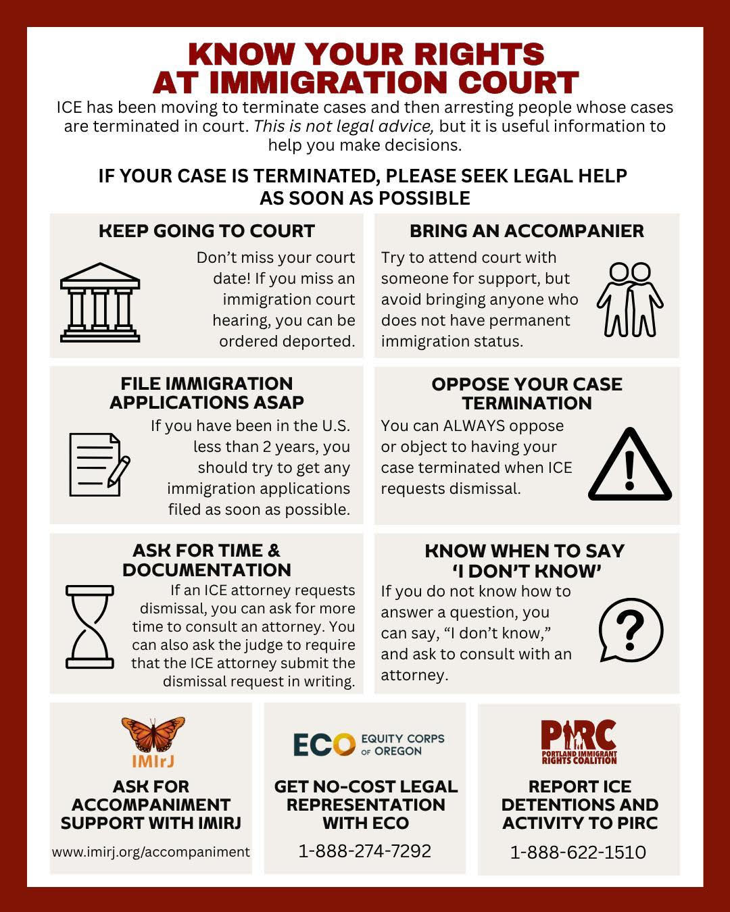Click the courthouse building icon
click(x=100, y=301)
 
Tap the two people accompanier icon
click(x=629, y=299)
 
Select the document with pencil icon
click(x=99, y=465)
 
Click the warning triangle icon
click(x=629, y=465)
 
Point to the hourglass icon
click(x=90, y=627)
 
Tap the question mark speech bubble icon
click(x=631, y=630)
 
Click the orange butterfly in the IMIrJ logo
click(x=153, y=734)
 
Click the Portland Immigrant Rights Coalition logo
click(x=579, y=742)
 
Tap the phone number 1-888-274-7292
click(x=365, y=851)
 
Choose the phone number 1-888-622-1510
click(x=578, y=852)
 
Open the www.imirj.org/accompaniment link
click(x=151, y=852)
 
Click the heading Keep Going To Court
click(x=207, y=231)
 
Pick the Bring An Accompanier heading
click(x=527, y=231)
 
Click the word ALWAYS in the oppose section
click(x=473, y=426)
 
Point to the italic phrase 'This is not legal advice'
click(x=343, y=126)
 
